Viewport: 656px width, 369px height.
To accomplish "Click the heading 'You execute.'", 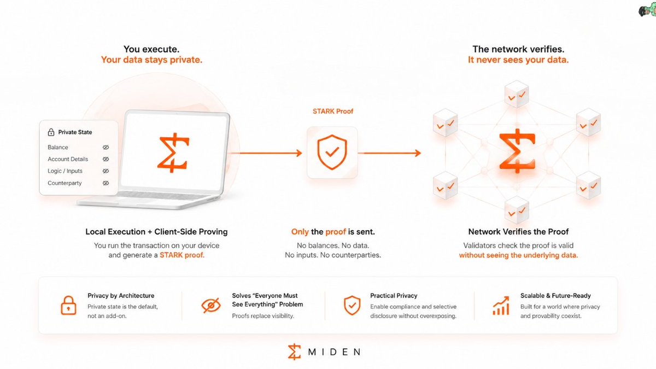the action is click(x=151, y=49).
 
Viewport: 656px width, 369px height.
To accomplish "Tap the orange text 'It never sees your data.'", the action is click(x=518, y=60).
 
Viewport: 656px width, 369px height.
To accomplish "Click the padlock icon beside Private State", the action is click(x=51, y=132).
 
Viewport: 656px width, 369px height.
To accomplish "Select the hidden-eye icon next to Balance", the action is click(x=106, y=147).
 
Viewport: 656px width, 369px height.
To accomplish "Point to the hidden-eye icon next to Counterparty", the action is click(x=106, y=183).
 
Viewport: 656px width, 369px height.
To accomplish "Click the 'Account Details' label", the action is click(x=68, y=159).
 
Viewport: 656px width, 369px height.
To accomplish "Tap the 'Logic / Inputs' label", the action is click(x=65, y=171).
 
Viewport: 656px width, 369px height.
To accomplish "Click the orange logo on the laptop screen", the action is click(x=173, y=153).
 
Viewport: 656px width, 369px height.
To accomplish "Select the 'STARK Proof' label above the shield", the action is click(x=333, y=112).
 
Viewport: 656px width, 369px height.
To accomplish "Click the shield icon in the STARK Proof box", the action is click(x=332, y=153).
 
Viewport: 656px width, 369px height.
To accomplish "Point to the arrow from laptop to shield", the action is click(x=265, y=153).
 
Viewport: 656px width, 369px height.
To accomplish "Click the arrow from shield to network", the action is click(x=389, y=153).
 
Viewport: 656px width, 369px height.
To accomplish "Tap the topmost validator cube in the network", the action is click(x=517, y=94).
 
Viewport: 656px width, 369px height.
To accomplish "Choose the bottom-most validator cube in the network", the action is click(x=517, y=210).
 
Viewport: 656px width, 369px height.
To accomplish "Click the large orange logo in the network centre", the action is click(x=517, y=151).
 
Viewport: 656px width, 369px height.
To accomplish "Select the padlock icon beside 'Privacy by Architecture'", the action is click(x=68, y=305).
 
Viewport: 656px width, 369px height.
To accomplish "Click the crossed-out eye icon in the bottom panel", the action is click(x=211, y=306).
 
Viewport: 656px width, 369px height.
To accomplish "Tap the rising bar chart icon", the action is click(x=501, y=306).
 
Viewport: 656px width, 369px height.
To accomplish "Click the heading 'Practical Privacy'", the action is click(x=394, y=296).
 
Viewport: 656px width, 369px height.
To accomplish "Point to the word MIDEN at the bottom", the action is click(x=334, y=352).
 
